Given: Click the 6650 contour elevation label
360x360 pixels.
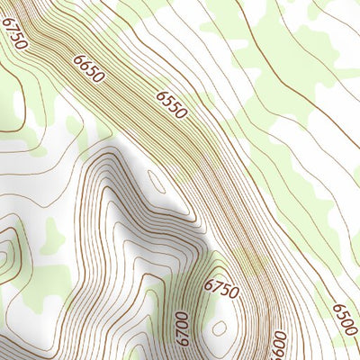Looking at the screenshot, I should [x=90, y=69].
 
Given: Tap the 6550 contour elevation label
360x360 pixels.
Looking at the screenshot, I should [x=171, y=104].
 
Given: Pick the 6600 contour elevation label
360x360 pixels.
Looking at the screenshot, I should [x=279, y=345].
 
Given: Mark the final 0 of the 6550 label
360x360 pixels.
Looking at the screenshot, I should [x=182, y=113].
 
